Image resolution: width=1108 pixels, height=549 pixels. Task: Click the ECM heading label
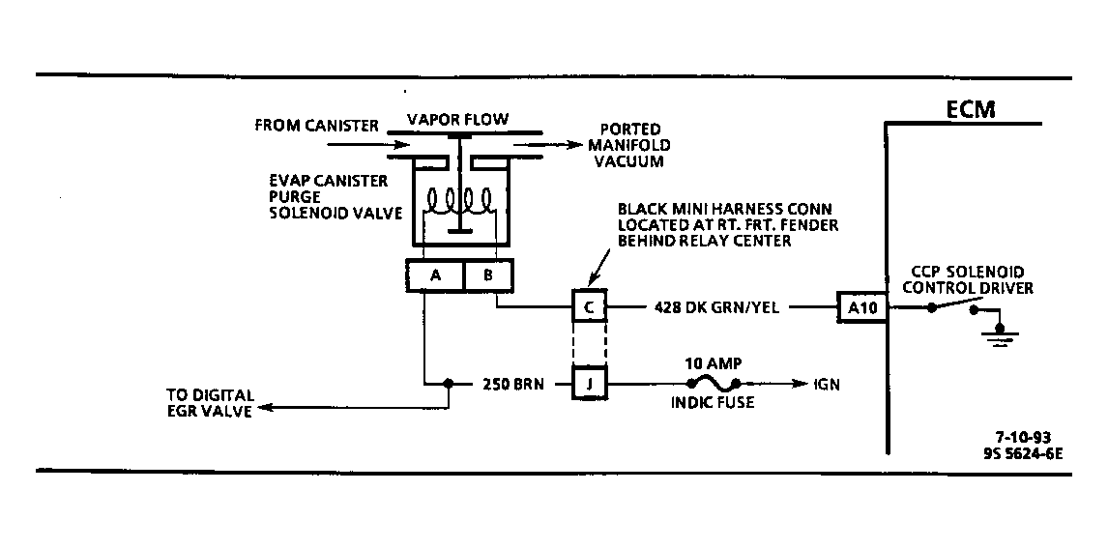pyautogui.click(x=971, y=109)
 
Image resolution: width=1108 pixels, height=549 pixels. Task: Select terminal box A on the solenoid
pyautogui.click(x=434, y=275)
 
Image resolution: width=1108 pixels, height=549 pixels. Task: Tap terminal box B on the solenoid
pyautogui.click(x=488, y=275)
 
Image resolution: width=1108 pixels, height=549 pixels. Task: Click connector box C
pyautogui.click(x=589, y=306)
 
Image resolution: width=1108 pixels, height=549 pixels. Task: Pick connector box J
pyautogui.click(x=589, y=384)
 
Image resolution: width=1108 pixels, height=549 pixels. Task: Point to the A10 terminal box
pyautogui.click(x=862, y=307)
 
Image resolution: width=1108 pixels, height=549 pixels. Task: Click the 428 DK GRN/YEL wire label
pyautogui.click(x=716, y=307)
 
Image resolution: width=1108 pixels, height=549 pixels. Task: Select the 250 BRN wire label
pyautogui.click(x=513, y=385)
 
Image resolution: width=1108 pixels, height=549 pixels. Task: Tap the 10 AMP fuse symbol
pyautogui.click(x=714, y=384)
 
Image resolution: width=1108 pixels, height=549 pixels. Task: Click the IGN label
pyautogui.click(x=827, y=385)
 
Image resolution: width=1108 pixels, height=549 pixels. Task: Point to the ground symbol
pyautogui.click(x=999, y=333)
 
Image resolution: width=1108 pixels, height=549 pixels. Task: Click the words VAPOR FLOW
pyautogui.click(x=457, y=119)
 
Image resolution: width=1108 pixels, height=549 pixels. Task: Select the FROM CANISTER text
pyautogui.click(x=316, y=126)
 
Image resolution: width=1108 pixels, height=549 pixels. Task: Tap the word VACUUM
pyautogui.click(x=628, y=161)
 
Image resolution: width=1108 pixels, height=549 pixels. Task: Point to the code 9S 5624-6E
pyautogui.click(x=1022, y=454)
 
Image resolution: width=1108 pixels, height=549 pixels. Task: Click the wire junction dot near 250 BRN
pyautogui.click(x=448, y=384)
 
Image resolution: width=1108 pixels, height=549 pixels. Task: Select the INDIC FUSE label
pyautogui.click(x=713, y=403)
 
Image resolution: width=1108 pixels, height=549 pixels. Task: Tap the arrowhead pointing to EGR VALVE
pyautogui.click(x=264, y=408)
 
